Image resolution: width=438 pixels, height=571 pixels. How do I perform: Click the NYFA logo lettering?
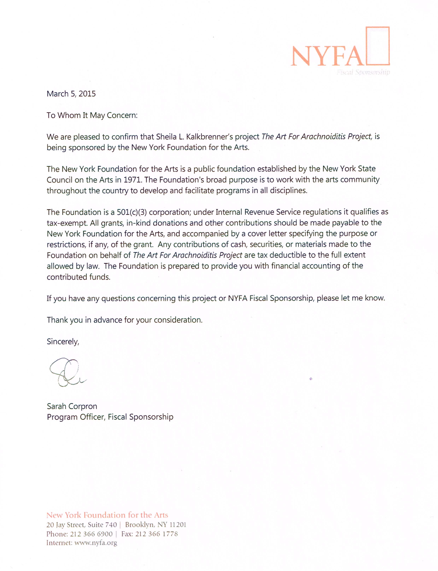tap(327, 56)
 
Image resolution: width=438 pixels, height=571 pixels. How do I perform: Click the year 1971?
tap(132, 180)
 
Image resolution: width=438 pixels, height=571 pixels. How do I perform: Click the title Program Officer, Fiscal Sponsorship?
tap(110, 417)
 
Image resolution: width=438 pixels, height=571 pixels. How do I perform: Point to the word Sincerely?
tap(63, 342)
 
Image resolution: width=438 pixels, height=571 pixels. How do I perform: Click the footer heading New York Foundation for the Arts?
tap(107, 515)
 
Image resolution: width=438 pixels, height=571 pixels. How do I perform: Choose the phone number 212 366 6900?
tap(91, 534)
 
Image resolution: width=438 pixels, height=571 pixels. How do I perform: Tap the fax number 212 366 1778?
tap(156, 534)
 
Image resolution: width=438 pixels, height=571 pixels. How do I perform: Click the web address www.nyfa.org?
tap(96, 543)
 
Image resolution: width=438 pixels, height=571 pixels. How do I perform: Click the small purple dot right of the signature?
tap(311, 379)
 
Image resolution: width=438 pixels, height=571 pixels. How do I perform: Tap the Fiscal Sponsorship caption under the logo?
tap(363, 72)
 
